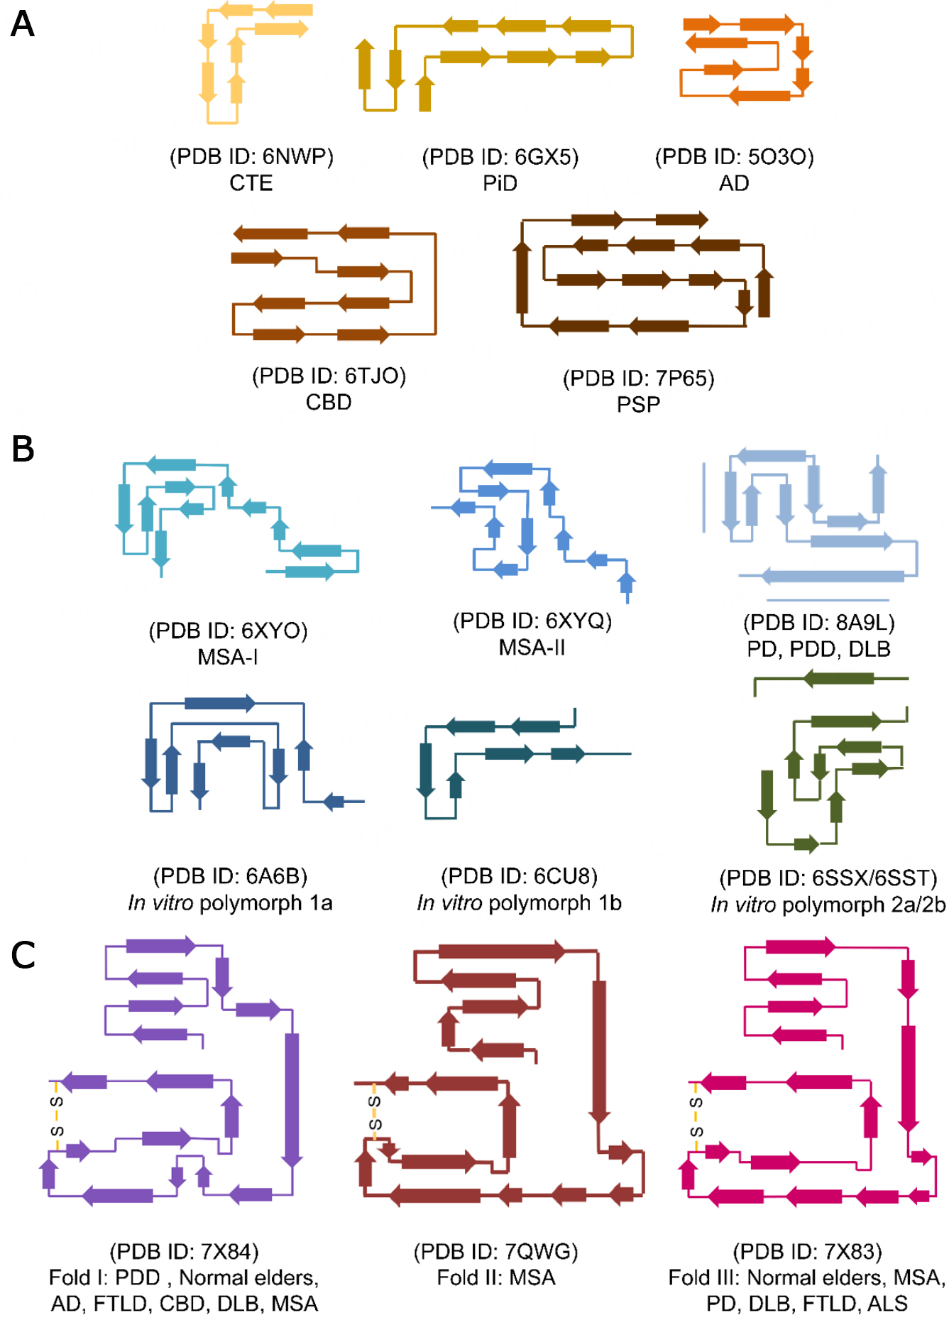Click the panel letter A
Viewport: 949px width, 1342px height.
coord(23,24)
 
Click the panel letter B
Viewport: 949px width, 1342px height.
coord(23,449)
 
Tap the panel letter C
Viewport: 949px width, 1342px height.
coord(23,955)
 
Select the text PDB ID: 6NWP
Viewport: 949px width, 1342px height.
coord(251,156)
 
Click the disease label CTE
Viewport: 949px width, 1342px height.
coord(251,183)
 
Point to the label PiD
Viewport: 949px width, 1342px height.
coord(500,183)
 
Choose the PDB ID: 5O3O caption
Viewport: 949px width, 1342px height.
coord(734,156)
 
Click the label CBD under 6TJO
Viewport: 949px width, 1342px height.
coord(329,403)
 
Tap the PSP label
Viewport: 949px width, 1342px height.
coord(638,405)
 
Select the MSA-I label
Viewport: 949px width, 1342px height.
coord(228,657)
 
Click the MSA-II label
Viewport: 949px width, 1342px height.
coord(532,648)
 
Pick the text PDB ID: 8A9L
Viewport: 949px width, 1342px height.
coord(818,623)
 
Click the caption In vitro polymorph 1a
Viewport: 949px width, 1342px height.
coord(230,903)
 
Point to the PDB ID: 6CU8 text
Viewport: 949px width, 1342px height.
coord(519,876)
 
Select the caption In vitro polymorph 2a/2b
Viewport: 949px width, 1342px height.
coord(828,905)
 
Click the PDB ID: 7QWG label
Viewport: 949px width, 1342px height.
coord(495,1251)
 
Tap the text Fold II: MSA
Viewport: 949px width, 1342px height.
coord(495,1278)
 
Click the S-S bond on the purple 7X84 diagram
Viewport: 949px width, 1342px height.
coord(57,1115)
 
